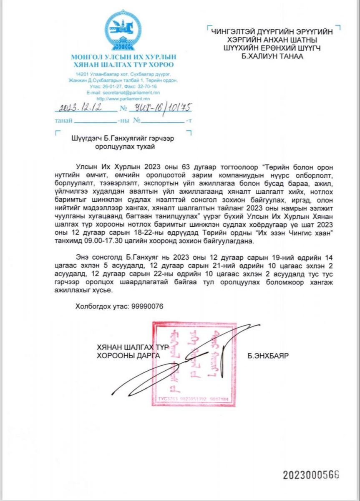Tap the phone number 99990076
[147, 306]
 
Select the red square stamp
[194, 363]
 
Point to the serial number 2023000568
[311, 475]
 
